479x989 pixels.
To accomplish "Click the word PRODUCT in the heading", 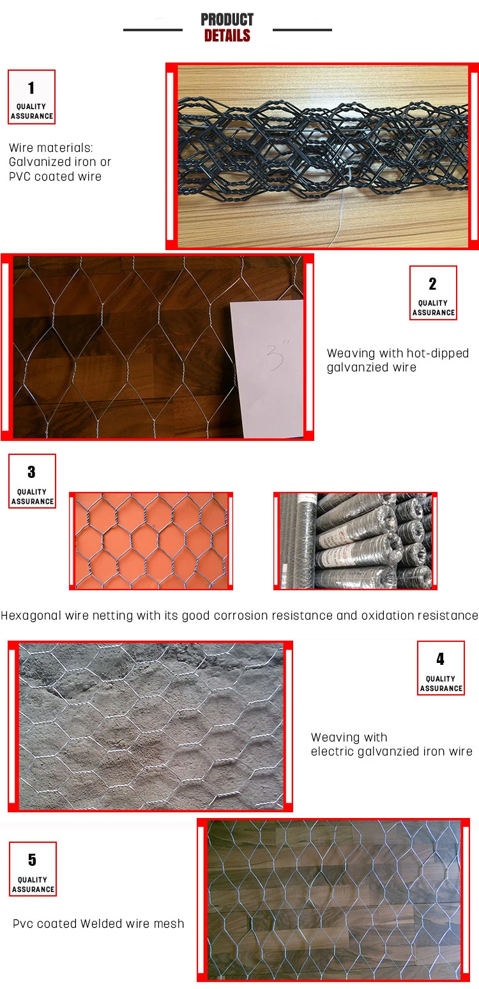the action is tap(227, 19).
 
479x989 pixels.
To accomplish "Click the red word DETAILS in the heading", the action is tap(227, 35).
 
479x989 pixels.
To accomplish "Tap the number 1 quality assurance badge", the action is tap(31, 97).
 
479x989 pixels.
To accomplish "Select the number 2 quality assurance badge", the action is tap(433, 293).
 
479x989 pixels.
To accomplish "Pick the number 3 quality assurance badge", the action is tap(33, 481).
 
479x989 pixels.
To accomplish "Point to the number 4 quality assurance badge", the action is tap(441, 667).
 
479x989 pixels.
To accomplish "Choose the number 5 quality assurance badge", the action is tap(33, 868).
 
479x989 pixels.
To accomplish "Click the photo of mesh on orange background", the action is tap(151, 541).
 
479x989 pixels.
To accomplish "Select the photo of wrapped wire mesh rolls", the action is tap(355, 541).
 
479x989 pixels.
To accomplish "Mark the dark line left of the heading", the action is tap(153, 29).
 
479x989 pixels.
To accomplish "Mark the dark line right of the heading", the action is tap(302, 29).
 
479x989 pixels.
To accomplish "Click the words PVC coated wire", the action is tap(55, 177).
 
